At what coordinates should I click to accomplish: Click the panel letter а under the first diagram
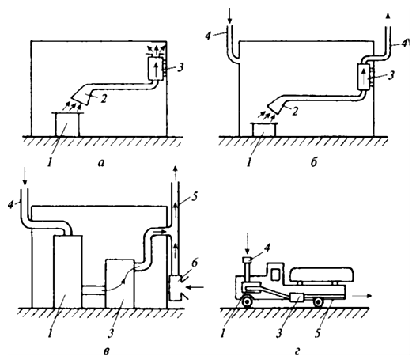click(101, 163)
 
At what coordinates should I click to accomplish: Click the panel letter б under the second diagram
click(314, 162)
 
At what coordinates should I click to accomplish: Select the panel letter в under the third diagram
click(106, 351)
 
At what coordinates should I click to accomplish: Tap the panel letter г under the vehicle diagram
click(297, 352)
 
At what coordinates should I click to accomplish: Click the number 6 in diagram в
click(195, 263)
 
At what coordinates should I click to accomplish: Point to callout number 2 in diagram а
click(104, 98)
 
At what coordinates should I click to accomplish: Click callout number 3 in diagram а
click(180, 67)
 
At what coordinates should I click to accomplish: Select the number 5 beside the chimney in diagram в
click(195, 198)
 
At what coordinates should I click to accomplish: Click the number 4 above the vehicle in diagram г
click(267, 248)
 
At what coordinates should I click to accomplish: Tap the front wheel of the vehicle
click(248, 302)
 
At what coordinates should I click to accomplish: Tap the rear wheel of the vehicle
click(318, 302)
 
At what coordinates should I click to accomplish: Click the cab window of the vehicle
click(275, 275)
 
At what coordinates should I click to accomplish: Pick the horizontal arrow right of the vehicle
click(362, 296)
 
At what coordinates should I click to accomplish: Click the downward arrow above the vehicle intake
click(248, 244)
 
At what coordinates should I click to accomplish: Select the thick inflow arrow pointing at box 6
click(195, 287)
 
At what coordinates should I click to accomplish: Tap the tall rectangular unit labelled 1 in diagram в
click(68, 271)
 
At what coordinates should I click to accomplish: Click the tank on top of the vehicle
click(322, 275)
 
